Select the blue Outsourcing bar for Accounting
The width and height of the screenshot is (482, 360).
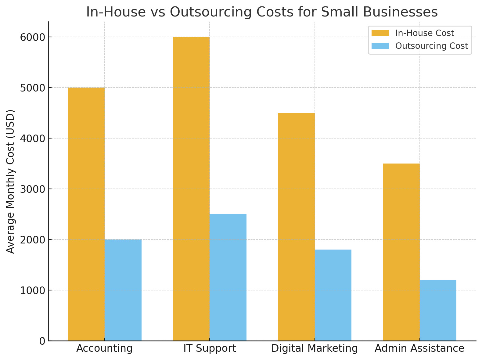[x=123, y=290]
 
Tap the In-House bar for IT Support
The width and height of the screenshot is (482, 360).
[x=191, y=189]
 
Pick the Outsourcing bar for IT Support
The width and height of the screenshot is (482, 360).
[x=228, y=277]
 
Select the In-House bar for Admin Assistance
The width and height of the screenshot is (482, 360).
[x=401, y=252]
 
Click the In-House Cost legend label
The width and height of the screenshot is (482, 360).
[x=425, y=33]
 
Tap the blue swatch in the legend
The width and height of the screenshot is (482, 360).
[x=380, y=46]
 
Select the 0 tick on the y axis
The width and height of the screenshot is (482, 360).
[x=42, y=341]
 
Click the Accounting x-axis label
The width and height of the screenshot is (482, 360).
[x=105, y=348]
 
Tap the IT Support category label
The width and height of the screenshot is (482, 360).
[x=210, y=348]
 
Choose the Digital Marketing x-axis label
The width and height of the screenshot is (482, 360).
[x=315, y=348]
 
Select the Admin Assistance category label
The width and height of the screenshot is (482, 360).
[x=419, y=348]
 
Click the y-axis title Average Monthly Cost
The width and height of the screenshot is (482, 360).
[x=11, y=181]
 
